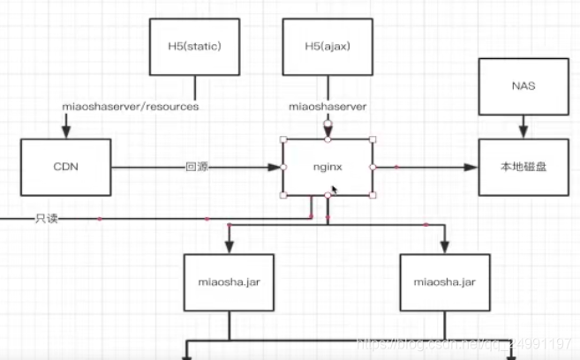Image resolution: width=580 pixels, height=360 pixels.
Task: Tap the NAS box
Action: tap(523, 86)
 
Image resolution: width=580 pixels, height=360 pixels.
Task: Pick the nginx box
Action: tap(328, 167)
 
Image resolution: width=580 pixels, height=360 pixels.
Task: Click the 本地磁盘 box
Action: tap(523, 167)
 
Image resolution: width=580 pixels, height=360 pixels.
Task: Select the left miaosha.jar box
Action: tap(229, 282)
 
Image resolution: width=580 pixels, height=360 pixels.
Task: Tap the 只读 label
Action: tap(47, 218)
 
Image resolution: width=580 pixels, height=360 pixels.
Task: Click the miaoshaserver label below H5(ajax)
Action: tap(328, 107)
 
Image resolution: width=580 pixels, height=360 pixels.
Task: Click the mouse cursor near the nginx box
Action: tap(335, 189)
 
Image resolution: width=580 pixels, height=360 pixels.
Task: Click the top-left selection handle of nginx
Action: tap(282, 139)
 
